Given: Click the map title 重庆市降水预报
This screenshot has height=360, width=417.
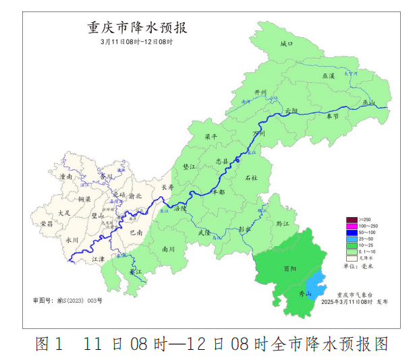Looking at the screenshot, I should (137, 28).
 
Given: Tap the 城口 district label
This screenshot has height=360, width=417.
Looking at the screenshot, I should (287, 44).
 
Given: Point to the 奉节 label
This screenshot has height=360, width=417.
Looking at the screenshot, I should (333, 116).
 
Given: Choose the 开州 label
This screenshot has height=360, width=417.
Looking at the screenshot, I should (260, 92).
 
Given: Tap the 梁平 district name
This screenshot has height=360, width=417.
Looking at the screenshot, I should (211, 136).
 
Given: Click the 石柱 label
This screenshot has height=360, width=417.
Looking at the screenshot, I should (251, 177).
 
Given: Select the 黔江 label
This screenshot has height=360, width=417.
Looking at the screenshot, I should (283, 223).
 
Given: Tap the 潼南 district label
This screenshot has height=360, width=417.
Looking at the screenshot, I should (66, 177).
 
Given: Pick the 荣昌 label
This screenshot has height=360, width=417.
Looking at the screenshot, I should (47, 223).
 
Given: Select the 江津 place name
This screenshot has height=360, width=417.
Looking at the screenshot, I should (99, 258).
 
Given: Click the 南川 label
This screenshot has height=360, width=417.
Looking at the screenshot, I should (169, 249).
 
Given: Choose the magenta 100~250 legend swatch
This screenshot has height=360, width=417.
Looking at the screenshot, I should (351, 227).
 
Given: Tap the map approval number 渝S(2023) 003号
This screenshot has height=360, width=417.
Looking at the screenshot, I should (67, 300).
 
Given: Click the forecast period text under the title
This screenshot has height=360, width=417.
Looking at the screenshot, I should (137, 42).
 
